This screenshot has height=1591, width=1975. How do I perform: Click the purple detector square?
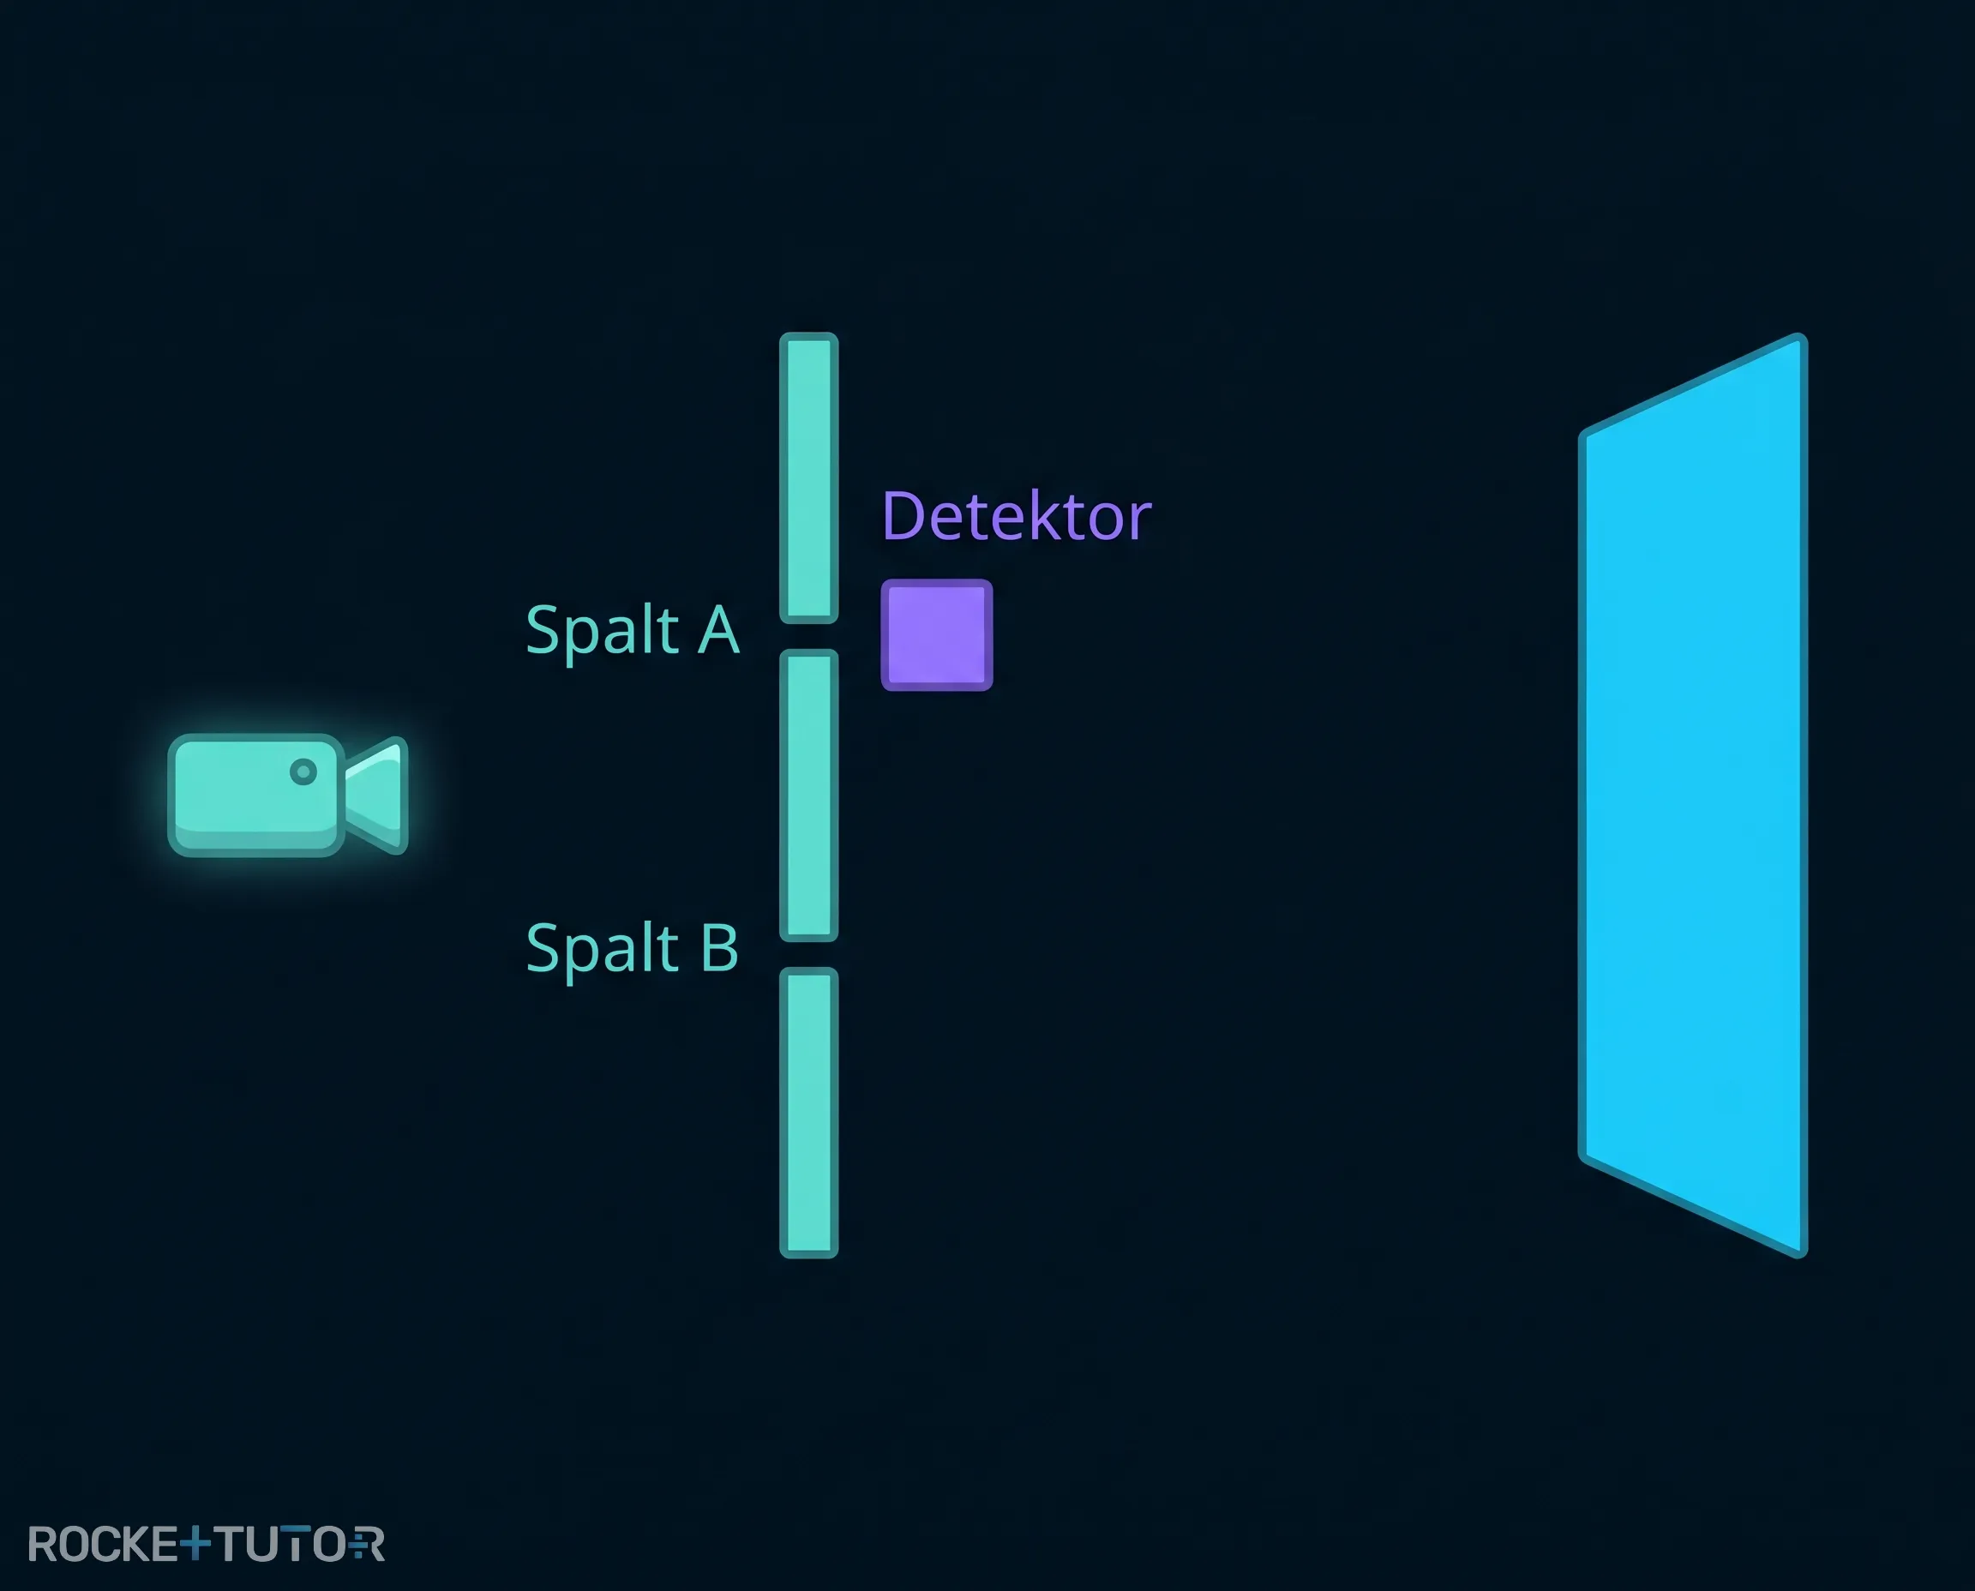click(937, 634)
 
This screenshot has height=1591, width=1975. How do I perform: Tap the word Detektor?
click(1017, 516)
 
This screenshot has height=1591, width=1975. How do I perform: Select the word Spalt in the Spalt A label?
click(602, 632)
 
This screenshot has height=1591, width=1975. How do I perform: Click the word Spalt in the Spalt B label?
click(602, 950)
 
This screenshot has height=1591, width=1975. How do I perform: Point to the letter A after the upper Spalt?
click(718, 629)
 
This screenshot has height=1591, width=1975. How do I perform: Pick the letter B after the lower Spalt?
click(719, 947)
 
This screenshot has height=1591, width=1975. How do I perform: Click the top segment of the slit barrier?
click(808, 477)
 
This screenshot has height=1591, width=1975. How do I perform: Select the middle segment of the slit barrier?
click(808, 795)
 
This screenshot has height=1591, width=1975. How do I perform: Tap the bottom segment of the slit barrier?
click(808, 1113)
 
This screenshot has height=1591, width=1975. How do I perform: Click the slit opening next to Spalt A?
click(808, 637)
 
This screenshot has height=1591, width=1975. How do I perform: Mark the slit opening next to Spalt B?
click(808, 955)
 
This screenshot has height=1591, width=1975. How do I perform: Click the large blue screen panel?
click(1693, 795)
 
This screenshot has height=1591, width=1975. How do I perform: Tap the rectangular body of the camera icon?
click(255, 795)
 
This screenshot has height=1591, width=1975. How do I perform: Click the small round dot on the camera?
click(303, 771)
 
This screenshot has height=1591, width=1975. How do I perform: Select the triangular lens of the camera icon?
click(376, 795)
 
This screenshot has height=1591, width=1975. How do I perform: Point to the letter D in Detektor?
click(903, 516)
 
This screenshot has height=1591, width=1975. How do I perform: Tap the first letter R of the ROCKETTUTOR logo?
click(44, 1544)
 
